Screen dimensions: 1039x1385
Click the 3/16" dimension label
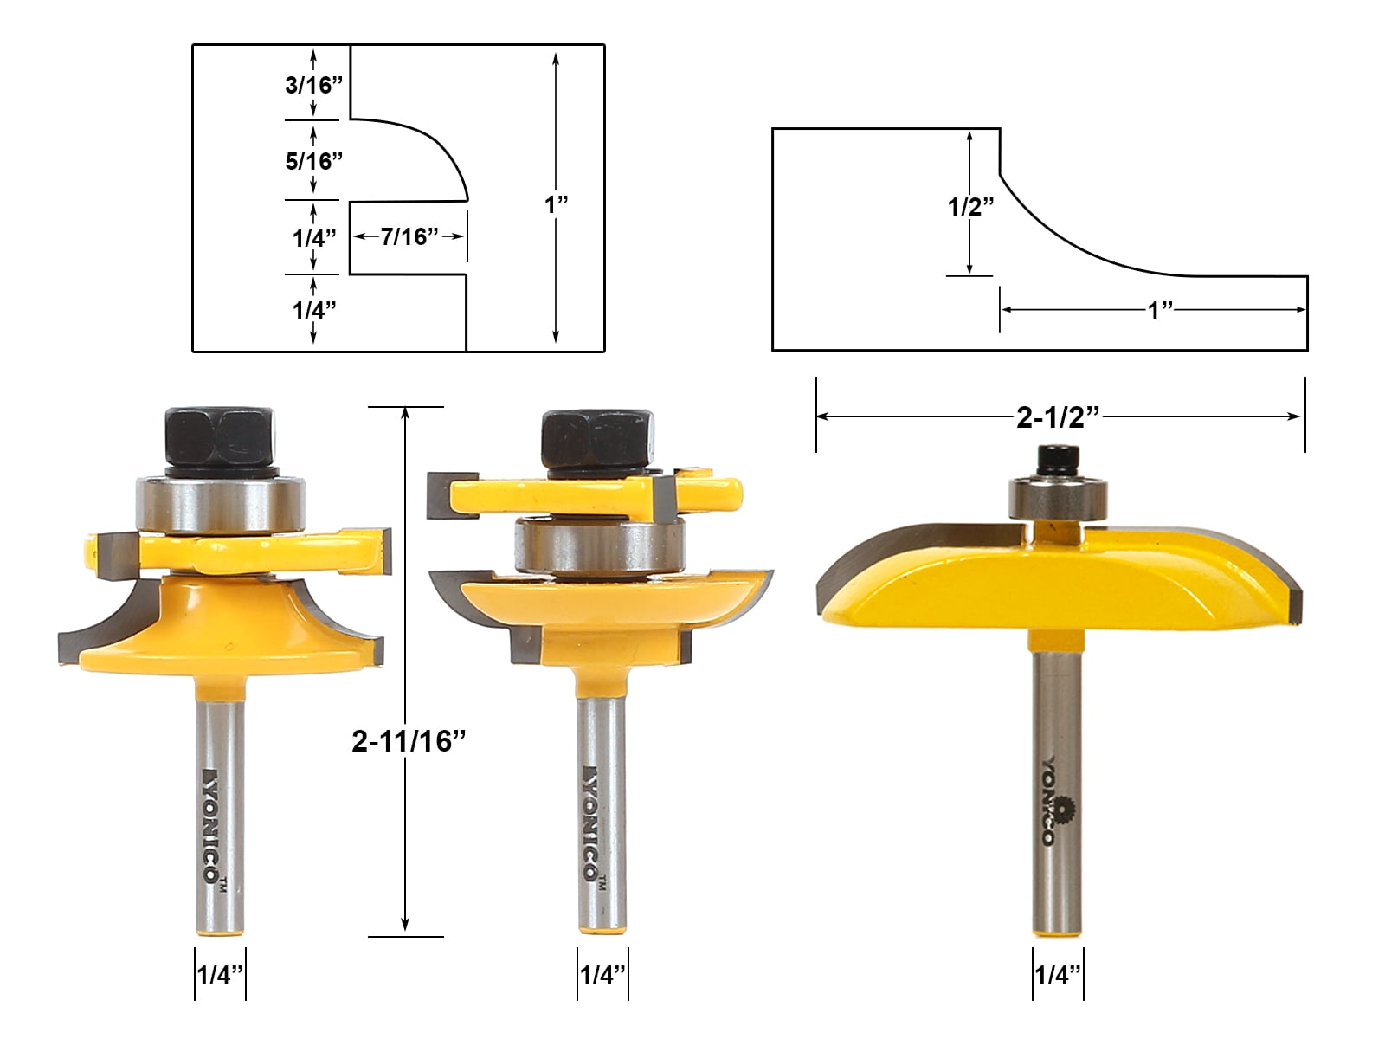(313, 85)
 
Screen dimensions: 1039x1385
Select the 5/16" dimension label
(313, 161)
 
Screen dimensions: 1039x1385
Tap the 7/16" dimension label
(409, 236)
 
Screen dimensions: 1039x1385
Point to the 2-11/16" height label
(409, 741)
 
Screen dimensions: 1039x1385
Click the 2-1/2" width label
(1057, 417)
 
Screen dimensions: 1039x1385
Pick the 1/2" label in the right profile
(970, 207)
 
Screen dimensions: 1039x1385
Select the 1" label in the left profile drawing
(556, 204)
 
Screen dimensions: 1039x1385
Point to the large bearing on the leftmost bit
(220, 505)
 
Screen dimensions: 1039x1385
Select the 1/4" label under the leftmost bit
(220, 975)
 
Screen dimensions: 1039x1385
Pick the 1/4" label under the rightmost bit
(1057, 975)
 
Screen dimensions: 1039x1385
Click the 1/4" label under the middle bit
(602, 975)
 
